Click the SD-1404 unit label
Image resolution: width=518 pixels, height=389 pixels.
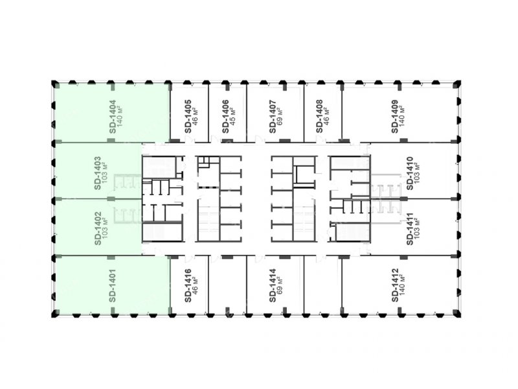click(x=113, y=117)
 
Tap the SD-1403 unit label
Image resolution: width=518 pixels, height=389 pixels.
click(x=98, y=173)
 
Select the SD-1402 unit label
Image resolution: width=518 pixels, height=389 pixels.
click(x=98, y=229)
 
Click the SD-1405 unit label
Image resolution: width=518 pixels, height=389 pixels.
click(x=188, y=117)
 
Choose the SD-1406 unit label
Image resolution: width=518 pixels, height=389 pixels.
click(x=225, y=117)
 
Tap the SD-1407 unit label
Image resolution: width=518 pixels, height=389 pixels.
click(x=273, y=117)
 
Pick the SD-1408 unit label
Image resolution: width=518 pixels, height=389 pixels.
click(x=319, y=117)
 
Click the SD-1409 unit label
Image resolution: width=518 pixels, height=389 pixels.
click(x=395, y=117)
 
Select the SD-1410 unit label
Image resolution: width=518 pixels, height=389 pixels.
click(x=410, y=173)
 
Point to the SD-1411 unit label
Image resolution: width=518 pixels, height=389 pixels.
click(x=410, y=229)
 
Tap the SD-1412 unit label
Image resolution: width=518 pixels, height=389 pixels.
click(x=395, y=285)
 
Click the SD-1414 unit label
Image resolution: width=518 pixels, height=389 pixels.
click(x=273, y=285)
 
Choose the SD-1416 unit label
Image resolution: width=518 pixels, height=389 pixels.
click(x=188, y=285)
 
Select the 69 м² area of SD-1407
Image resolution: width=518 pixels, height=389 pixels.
click(x=280, y=117)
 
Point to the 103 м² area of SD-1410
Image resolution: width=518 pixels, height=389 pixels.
click(x=417, y=173)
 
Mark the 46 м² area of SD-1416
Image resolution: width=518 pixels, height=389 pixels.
click(x=196, y=285)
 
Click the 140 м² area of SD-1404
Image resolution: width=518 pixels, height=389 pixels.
click(x=120, y=117)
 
